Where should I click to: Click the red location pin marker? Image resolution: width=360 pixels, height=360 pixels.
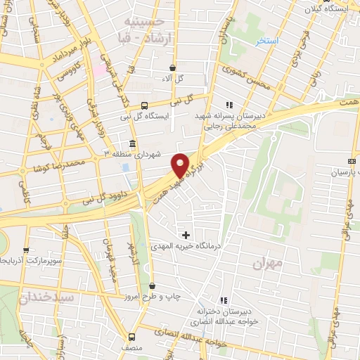tap(181, 165)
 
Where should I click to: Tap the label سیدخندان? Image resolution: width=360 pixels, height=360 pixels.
tap(46, 297)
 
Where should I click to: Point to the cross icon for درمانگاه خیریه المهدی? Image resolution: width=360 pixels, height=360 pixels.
tap(186, 234)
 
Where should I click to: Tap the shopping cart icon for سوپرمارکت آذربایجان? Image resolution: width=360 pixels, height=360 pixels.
tap(27, 250)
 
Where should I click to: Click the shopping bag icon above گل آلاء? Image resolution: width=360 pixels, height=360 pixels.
tap(173, 67)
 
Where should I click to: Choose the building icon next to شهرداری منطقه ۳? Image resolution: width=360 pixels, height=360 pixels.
tap(133, 144)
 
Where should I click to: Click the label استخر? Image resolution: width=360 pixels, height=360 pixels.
tap(268, 41)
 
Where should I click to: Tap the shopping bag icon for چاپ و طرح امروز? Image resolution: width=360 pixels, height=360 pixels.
tap(153, 285)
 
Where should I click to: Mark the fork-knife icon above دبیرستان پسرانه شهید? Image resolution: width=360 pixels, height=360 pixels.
tap(229, 105)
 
